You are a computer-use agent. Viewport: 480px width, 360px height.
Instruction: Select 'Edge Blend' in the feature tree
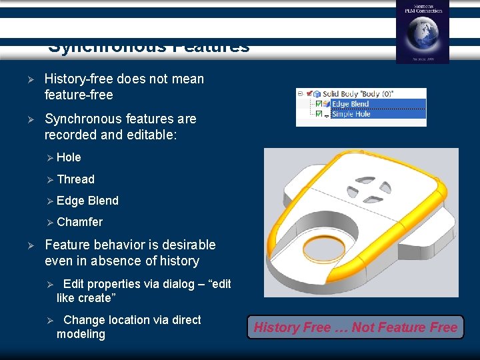(x=350, y=104)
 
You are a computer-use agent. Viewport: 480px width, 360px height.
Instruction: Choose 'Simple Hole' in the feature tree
(x=351, y=114)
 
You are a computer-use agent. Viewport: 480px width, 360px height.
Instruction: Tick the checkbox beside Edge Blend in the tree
(x=319, y=104)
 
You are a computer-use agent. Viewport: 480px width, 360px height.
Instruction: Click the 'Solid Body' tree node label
(x=357, y=94)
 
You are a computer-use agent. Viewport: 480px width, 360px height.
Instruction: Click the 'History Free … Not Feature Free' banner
(x=355, y=327)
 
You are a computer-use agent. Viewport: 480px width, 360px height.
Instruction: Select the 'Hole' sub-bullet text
(x=69, y=157)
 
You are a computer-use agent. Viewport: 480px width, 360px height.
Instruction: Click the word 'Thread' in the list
(x=75, y=179)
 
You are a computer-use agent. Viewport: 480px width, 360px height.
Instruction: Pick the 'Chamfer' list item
(x=79, y=221)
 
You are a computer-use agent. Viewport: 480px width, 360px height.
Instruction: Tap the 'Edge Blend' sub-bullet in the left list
(x=87, y=200)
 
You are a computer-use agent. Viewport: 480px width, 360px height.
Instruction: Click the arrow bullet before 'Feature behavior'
(x=29, y=245)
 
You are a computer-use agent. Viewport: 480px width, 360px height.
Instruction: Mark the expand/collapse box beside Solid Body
(x=301, y=94)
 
